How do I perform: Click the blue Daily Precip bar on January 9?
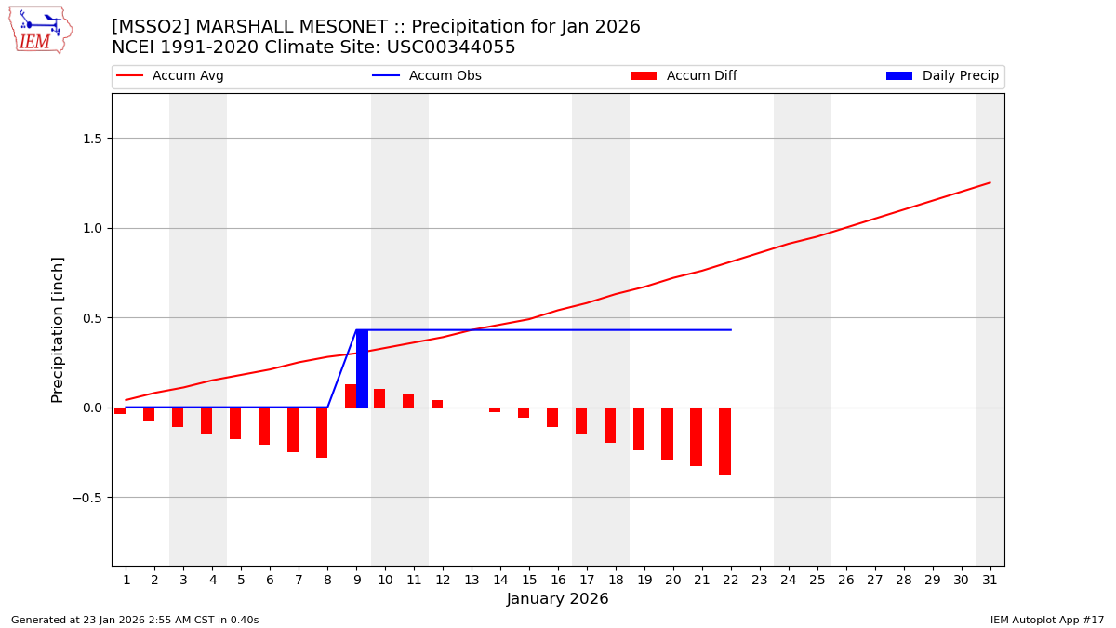click(362, 368)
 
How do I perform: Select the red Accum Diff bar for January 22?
click(724, 441)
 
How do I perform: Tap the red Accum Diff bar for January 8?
click(322, 433)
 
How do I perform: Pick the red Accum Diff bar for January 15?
click(524, 412)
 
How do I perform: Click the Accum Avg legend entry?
click(170, 76)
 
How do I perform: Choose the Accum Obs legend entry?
click(427, 76)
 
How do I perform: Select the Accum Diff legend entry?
click(684, 76)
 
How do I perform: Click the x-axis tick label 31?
click(990, 580)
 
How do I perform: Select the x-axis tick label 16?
click(558, 580)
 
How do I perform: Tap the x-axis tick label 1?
click(126, 580)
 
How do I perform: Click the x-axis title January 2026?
click(557, 599)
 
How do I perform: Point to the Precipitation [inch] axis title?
click(58, 329)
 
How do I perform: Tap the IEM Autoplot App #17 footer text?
click(1046, 620)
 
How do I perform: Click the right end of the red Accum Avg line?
click(989, 183)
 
